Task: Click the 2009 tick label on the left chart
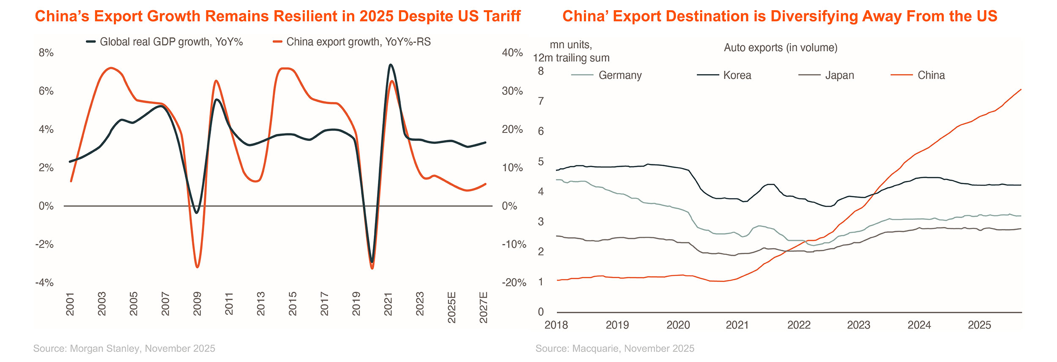tap(197, 304)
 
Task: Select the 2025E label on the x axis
tap(452, 307)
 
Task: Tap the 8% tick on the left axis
tap(46, 53)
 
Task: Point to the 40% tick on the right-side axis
tap(512, 53)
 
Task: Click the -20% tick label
tap(514, 283)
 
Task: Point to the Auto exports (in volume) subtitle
tap(780, 47)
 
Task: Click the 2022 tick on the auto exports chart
tap(799, 325)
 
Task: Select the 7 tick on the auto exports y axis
tap(541, 101)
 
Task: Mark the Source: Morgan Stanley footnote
tap(124, 348)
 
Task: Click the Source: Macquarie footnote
tap(615, 348)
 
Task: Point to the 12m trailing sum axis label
tap(571, 58)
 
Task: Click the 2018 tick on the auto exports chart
tap(556, 325)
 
